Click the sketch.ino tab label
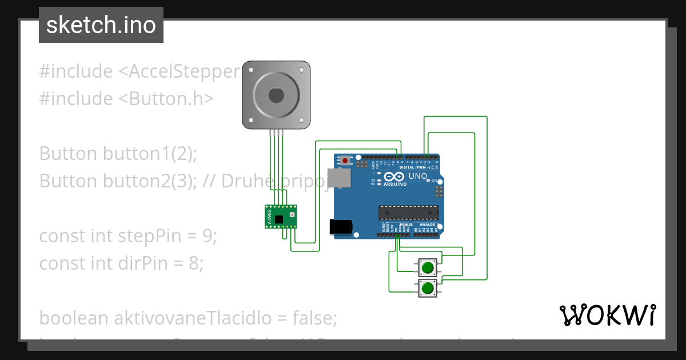101,25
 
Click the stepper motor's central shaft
276,95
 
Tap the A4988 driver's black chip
279,219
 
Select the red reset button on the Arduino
344,161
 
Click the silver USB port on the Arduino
338,178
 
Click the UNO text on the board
418,176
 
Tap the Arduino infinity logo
395,177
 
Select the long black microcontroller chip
409,213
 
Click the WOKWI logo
607,315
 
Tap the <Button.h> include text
166,99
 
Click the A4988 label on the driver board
269,218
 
